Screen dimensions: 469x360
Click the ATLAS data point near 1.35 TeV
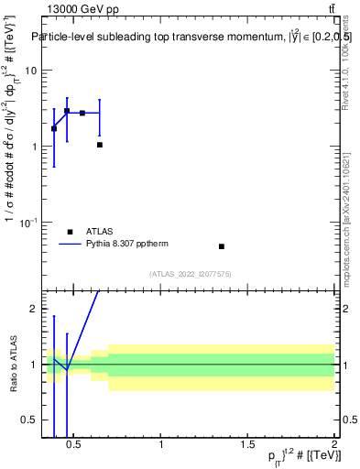(x=222, y=246)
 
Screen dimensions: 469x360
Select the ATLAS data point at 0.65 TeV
(x=100, y=145)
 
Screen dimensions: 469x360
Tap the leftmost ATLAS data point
(x=54, y=128)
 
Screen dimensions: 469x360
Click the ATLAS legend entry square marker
(x=71, y=232)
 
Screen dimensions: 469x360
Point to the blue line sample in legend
(x=71, y=245)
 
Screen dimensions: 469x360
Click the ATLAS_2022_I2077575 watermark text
(x=190, y=274)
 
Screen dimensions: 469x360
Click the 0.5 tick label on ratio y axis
(x=29, y=420)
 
